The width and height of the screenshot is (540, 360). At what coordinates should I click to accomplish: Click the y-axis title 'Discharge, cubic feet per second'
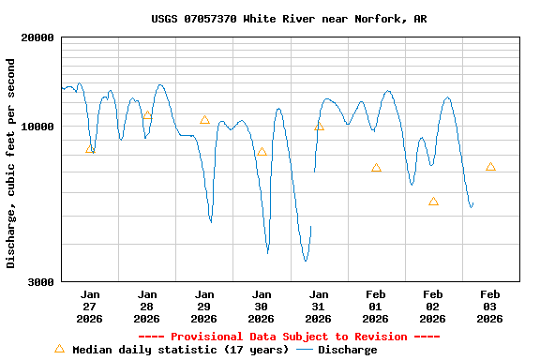tap(11, 163)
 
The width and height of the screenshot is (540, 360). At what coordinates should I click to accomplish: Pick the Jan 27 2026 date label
tap(90, 306)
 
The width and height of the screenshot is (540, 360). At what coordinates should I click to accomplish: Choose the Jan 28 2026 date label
tap(147, 306)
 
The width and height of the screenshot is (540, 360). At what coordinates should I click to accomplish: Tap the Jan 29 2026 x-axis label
tap(204, 306)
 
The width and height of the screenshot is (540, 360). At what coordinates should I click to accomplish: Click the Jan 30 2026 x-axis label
tap(262, 306)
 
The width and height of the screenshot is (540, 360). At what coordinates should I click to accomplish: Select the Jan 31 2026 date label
tap(319, 306)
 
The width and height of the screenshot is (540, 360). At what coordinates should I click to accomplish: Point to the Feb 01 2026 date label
tap(376, 306)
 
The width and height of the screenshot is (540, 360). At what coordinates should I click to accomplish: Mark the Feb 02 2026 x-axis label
tap(433, 306)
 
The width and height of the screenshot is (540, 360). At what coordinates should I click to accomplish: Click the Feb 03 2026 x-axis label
tap(490, 306)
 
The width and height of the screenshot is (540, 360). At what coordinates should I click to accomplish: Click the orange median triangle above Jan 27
tap(90, 149)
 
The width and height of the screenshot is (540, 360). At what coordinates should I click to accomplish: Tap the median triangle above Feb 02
tap(433, 201)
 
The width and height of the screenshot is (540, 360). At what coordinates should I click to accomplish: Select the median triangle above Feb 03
tap(490, 166)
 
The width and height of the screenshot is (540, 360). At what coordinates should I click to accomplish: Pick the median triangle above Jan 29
tap(204, 119)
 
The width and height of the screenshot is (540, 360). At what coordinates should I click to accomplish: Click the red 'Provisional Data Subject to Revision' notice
tap(289, 337)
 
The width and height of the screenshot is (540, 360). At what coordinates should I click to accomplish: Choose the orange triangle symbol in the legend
tap(59, 349)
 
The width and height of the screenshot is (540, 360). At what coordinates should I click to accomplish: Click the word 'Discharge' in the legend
tap(347, 350)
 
